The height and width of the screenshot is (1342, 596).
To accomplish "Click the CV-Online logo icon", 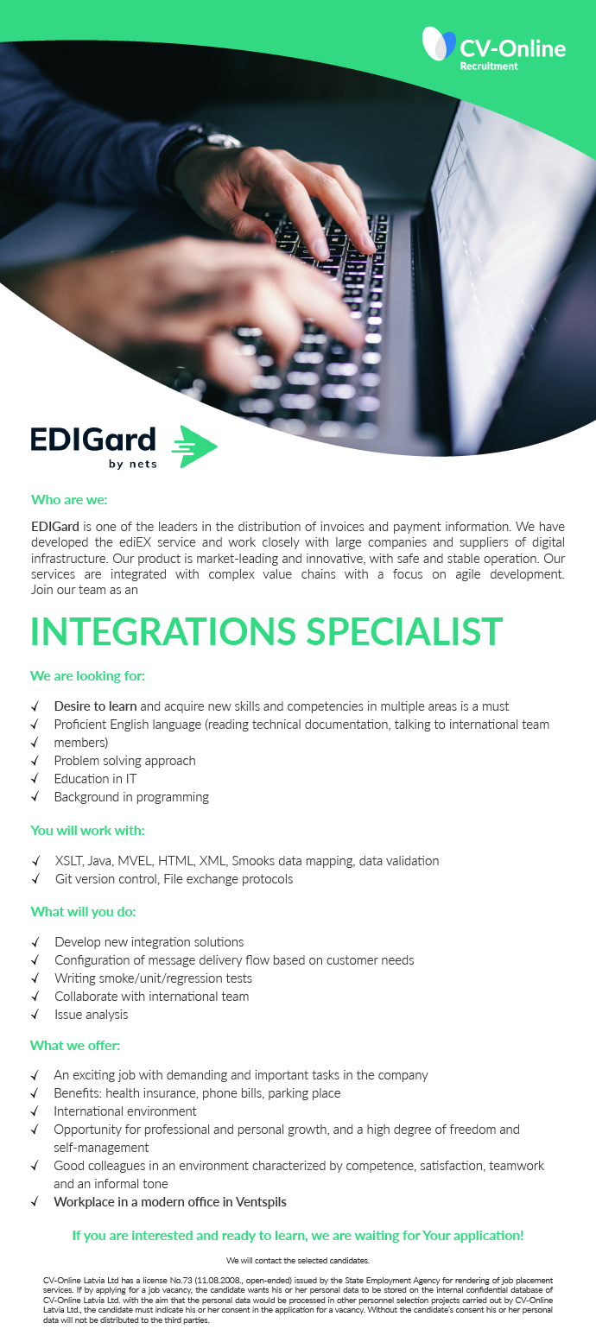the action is pos(439,43).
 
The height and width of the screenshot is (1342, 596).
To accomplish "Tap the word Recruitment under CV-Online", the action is pos(489,66).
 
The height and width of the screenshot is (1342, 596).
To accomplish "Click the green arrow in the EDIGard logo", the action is pos(194,446).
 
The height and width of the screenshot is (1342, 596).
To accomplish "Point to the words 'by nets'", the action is pos(133,464).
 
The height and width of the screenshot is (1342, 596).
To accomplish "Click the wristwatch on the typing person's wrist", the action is pos(204,143).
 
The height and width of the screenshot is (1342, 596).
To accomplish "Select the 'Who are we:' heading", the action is pos(69,500).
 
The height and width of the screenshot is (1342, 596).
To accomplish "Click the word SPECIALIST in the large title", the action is pos(404,631).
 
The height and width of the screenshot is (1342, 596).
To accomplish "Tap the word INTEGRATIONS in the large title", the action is pos(163,631).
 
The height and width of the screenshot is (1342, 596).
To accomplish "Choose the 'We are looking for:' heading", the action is pos(87,676).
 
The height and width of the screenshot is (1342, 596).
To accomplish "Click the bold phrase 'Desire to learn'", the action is pos(95,706).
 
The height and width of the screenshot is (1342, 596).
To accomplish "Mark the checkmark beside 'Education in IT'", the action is pos(36,778).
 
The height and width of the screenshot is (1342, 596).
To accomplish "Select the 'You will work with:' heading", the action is pos(87,831).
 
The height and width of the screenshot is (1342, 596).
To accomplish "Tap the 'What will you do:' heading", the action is pos(83,912).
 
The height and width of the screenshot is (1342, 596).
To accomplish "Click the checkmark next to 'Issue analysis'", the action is pos(36,1014).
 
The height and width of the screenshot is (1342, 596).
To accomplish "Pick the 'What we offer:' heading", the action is pos(75,1046).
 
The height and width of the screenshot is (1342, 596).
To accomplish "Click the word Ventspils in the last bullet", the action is pos(261,1202).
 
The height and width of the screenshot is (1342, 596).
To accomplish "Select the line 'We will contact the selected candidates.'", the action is pos(298,1261).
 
